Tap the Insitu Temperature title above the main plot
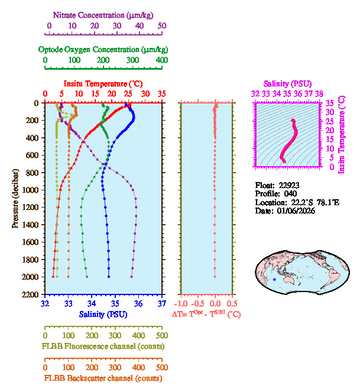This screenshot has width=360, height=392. tap(103, 83)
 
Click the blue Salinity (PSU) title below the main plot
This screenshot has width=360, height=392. tap(103, 314)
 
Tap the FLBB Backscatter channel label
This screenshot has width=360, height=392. tap(103, 378)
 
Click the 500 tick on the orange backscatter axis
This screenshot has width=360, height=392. tap(162, 367)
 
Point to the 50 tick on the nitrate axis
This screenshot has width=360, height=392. tap(162, 25)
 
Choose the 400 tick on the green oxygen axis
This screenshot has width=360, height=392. tap(161, 60)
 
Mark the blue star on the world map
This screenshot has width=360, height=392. tap(275, 279)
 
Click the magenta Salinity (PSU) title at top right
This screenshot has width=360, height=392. tap(287, 83)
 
